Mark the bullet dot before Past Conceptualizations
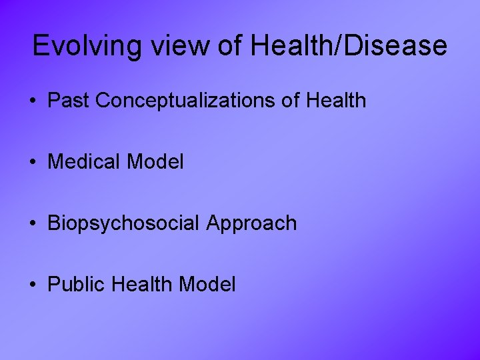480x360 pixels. (x=32, y=101)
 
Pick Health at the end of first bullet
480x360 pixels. (x=337, y=101)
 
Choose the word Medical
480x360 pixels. (x=85, y=162)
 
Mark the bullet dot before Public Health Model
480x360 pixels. (x=32, y=285)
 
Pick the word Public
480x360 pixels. (x=77, y=285)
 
